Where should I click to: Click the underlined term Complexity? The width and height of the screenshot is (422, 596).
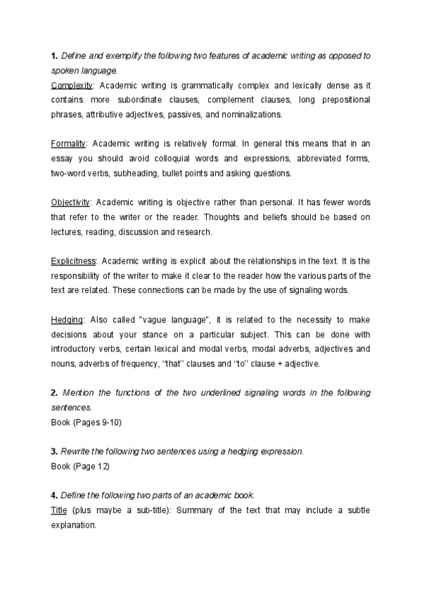72,85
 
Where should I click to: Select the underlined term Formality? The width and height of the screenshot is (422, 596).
68,144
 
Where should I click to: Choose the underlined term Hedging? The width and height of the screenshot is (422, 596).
67,320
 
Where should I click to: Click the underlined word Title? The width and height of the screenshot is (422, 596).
59,510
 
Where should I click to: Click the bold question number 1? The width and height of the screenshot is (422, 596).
53,56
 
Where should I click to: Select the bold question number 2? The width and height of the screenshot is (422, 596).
54,392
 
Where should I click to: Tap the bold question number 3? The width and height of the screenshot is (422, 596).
54,451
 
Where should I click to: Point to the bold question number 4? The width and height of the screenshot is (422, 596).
54,495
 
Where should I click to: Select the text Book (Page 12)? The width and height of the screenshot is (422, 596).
80,466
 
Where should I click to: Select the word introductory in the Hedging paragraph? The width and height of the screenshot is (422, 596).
79,349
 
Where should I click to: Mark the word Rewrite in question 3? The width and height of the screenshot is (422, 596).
79,451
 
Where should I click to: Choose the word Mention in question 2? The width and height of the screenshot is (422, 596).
81,392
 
